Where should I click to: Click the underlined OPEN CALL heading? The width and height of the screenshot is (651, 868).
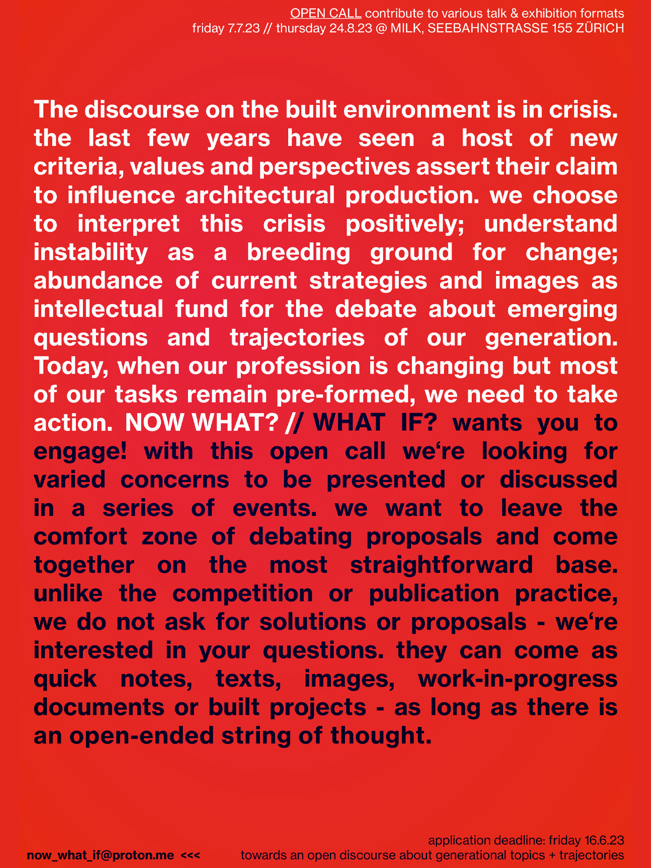325,13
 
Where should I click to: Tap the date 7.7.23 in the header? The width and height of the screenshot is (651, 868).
244,29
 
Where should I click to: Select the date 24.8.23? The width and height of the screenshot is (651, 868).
351,29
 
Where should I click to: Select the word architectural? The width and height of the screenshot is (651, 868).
260,196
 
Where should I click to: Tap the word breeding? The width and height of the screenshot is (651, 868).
299,253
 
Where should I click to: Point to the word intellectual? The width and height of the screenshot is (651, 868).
99,309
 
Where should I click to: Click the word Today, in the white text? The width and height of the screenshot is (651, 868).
71,367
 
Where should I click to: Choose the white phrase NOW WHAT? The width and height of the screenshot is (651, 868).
202,423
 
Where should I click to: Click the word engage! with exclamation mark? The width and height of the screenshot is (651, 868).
81,451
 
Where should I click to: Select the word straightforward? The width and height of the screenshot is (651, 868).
441,566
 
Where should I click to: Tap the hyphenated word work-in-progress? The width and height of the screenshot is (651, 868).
518,679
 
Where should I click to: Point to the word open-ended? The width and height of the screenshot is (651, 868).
142,736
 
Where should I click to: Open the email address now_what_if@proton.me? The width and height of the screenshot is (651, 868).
100,855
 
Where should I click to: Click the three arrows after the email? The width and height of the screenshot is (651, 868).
191,855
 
